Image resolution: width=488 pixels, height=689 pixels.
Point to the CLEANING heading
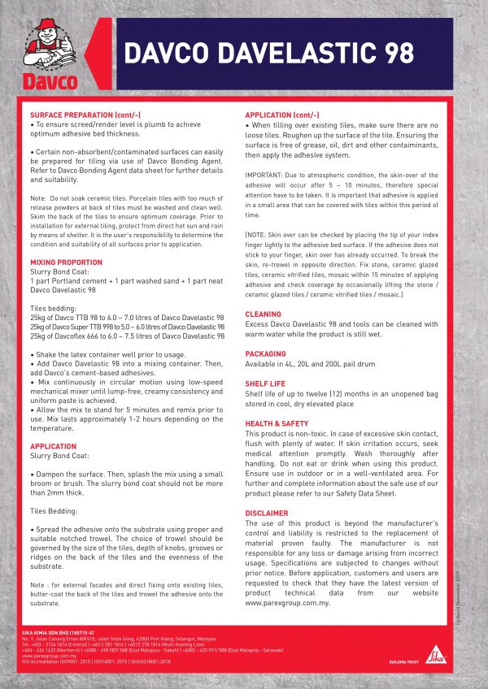tap(264, 314)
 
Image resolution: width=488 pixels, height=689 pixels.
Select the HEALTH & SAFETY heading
tap(277, 423)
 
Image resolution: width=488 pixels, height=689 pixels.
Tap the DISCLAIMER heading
tap(267, 513)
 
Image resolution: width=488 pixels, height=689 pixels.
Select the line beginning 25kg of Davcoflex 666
tap(126, 335)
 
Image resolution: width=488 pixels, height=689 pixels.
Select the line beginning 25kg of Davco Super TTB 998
tap(126, 325)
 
